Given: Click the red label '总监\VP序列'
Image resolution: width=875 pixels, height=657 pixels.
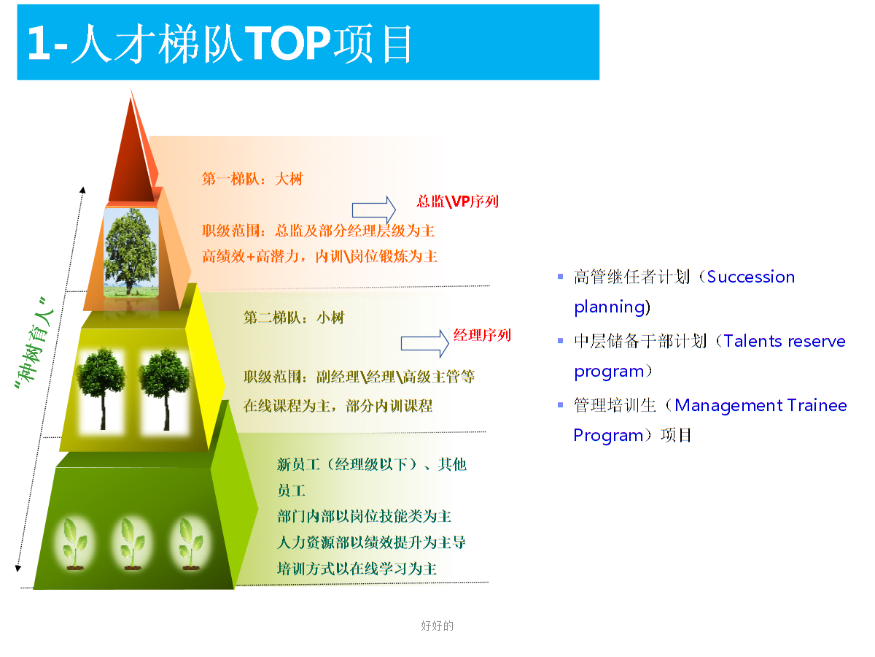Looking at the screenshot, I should coord(457,201).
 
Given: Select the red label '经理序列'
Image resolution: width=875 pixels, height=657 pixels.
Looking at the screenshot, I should coord(482,335).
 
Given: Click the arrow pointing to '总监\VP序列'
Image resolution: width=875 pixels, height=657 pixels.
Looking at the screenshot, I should coord(373,210).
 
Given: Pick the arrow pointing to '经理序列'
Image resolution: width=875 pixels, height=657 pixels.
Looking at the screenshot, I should coord(424,343).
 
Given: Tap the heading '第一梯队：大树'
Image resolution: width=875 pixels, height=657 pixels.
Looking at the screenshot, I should coord(252,179).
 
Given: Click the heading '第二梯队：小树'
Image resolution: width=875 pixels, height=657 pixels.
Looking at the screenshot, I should coord(293,318).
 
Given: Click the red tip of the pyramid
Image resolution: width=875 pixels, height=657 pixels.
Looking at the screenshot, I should coord(133,150).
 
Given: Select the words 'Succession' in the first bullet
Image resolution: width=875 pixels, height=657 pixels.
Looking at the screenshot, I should coord(750,277).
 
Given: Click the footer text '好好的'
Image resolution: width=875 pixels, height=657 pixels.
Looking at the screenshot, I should coord(437,626).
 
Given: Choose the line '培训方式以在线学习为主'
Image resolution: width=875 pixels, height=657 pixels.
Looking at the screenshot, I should coord(357,569).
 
